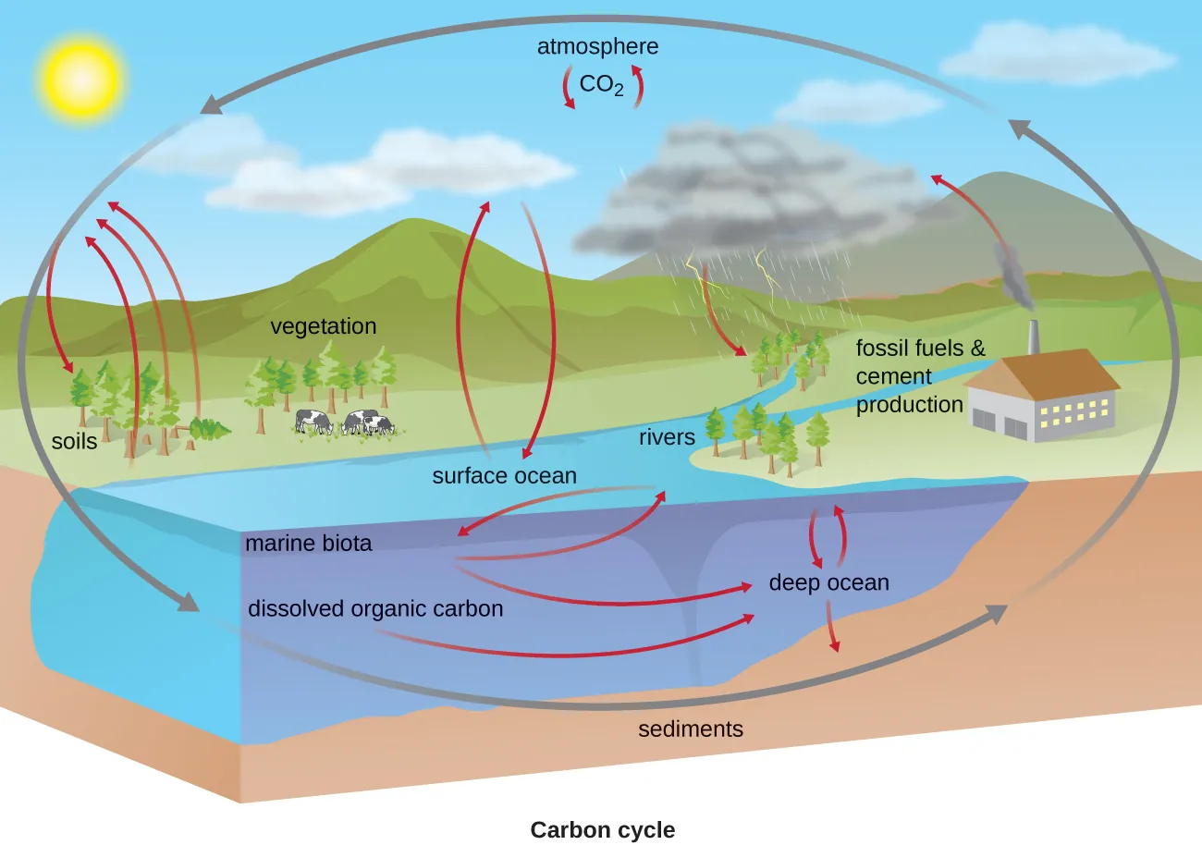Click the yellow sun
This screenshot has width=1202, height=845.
(80, 80)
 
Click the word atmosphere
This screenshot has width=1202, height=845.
(597, 46)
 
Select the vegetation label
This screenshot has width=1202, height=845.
(323, 326)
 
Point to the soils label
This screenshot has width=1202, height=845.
(74, 442)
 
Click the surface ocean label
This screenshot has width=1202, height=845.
(504, 476)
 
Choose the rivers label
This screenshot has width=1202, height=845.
(666, 436)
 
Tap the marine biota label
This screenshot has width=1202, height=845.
(308, 544)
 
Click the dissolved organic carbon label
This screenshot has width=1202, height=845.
(375, 609)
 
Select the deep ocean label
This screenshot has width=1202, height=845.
(828, 583)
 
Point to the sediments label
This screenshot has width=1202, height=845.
(691, 729)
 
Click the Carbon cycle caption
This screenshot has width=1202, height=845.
(602, 830)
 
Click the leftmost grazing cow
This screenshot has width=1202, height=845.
(314, 422)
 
